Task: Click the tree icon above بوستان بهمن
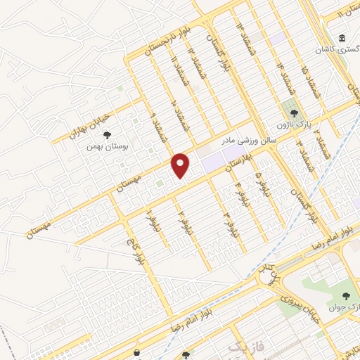[106, 134]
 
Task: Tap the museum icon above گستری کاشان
[342, 38]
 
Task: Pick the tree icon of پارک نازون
[295, 112]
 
